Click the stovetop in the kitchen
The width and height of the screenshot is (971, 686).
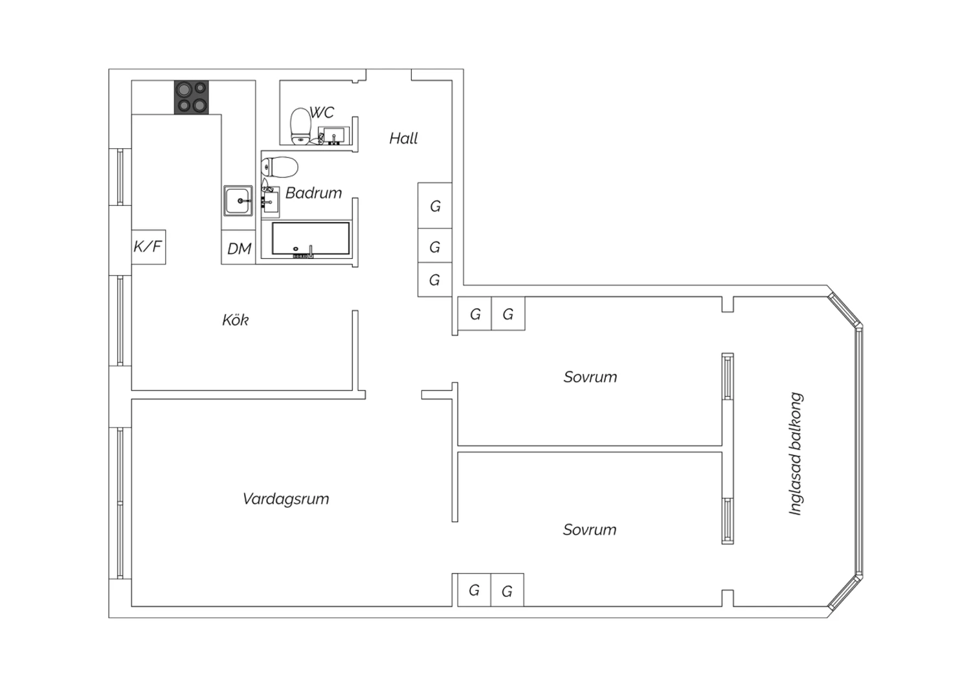pyautogui.click(x=191, y=98)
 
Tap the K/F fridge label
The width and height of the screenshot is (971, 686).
pyautogui.click(x=148, y=247)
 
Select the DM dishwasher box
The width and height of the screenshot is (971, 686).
pyautogui.click(x=238, y=247)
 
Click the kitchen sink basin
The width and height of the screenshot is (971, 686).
pyautogui.click(x=238, y=201)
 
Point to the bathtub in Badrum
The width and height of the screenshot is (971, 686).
pyautogui.click(x=311, y=239)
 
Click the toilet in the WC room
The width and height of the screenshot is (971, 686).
pyautogui.click(x=300, y=126)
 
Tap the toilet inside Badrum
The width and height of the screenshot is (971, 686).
pyautogui.click(x=280, y=167)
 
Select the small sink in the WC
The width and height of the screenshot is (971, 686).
pyautogui.click(x=333, y=135)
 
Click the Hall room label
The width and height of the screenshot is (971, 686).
pyautogui.click(x=403, y=138)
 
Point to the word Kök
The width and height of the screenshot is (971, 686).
pyautogui.click(x=236, y=320)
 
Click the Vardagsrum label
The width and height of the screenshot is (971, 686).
pyautogui.click(x=285, y=499)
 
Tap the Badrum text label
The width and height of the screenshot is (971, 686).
pyautogui.click(x=313, y=193)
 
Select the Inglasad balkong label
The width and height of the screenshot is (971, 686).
pyautogui.click(x=796, y=454)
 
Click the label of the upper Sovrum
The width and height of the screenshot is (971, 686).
pyautogui.click(x=590, y=377)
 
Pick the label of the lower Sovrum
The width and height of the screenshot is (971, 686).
pyautogui.click(x=590, y=529)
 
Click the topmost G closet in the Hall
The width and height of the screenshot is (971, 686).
pyautogui.click(x=435, y=205)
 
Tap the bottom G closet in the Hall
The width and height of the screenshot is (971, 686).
pyautogui.click(x=435, y=280)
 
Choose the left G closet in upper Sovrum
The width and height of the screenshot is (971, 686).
pyautogui.click(x=474, y=313)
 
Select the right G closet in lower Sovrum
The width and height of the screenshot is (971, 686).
pyautogui.click(x=507, y=590)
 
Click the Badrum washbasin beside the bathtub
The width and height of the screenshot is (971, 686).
pyautogui.click(x=270, y=203)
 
